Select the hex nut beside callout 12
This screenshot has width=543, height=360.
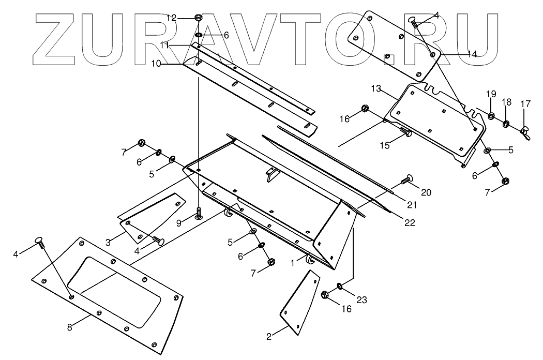coord(199,18)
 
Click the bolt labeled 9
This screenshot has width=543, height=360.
coord(199,214)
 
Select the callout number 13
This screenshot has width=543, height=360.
coord(375,88)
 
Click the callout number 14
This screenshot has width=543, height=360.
coord(472,54)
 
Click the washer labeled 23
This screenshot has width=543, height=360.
coord(339,286)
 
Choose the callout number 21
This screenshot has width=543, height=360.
coord(412,205)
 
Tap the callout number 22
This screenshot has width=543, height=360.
coord(409,222)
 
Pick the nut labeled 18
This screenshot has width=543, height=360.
coord(507,123)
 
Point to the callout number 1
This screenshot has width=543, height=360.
coord(293,263)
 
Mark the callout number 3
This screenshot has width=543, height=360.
coord(109,242)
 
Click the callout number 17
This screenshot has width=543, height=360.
coord(525,104)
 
